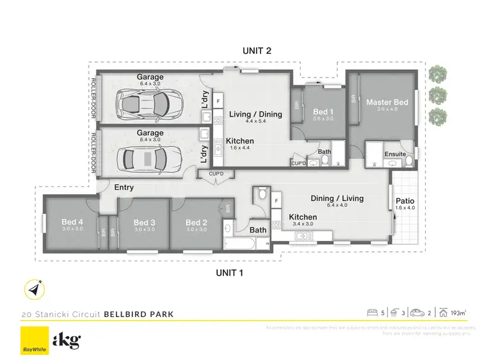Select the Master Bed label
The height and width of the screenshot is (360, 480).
387,102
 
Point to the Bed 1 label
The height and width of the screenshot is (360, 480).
323,112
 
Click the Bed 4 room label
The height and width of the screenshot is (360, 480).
72,222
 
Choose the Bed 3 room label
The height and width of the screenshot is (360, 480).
144,222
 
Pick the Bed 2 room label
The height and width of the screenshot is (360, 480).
196,222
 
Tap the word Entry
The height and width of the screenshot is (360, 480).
124,188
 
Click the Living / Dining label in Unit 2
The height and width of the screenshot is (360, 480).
255,115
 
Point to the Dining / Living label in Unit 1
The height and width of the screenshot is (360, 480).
337,199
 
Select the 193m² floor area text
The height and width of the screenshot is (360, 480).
456,313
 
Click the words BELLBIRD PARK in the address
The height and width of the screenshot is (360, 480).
139,315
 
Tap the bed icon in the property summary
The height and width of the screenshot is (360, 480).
371,313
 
